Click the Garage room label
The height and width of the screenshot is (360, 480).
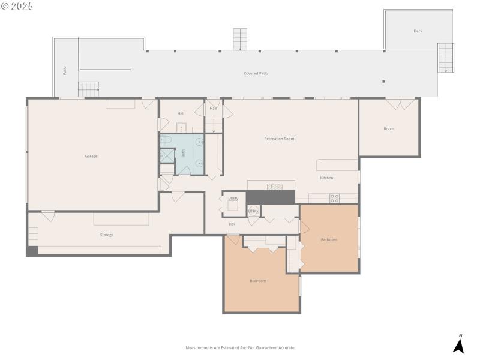point(91,156)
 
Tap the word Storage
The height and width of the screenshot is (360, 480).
point(106,235)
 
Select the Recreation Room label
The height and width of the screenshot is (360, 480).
point(279,139)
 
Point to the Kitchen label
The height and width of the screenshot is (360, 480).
point(326,178)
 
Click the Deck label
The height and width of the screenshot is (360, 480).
point(418,31)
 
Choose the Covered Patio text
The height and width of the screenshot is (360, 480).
point(256,73)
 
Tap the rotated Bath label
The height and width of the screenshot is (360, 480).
point(184,154)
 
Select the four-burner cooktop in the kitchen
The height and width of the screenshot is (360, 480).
point(334,198)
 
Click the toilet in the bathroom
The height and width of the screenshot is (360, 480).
point(167,140)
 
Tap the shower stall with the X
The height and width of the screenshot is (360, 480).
point(166,155)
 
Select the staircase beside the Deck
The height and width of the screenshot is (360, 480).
point(446,58)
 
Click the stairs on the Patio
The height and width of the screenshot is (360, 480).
point(89,89)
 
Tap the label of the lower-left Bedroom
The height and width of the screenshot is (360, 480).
point(258,280)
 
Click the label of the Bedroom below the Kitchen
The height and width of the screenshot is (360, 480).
point(329,239)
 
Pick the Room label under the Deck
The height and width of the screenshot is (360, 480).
point(389,128)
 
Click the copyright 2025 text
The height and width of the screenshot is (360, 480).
point(17,6)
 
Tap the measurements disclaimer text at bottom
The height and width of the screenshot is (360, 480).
point(240,347)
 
